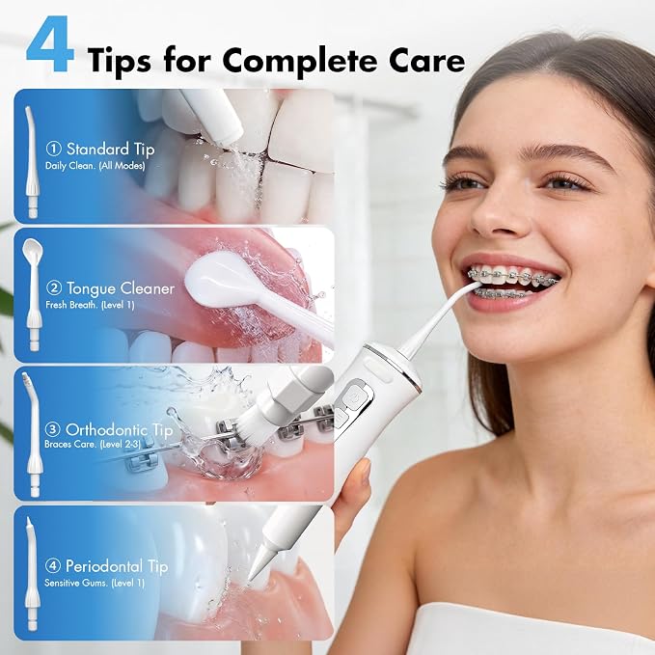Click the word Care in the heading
coord(427,60)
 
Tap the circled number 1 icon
coord(53,150)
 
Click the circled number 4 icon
coord(53,566)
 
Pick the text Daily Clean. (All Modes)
coord(96,166)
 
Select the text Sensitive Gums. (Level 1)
coord(95,583)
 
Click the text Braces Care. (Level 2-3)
coord(93,445)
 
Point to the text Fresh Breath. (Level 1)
coord(91,305)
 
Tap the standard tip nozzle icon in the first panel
coord(32,162)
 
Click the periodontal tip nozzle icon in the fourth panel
coord(31,573)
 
